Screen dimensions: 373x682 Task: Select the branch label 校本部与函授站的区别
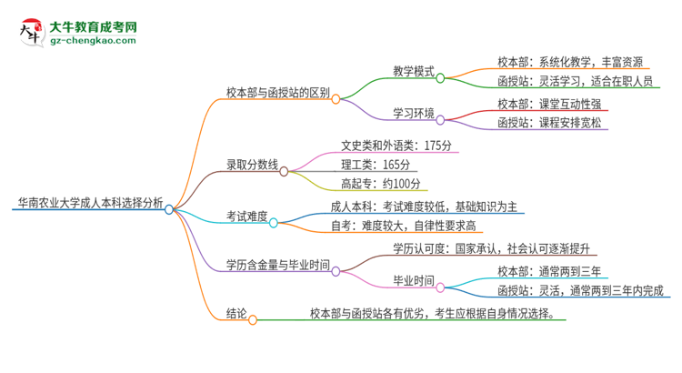277,92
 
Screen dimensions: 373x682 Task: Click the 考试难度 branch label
246,216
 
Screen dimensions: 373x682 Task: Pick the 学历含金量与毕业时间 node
277,264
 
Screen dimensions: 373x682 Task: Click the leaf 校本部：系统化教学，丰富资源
571,62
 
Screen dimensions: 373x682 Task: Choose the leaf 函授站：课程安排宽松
549,123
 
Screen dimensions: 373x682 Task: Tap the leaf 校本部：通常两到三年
548,270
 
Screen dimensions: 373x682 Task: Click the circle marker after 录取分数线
284,170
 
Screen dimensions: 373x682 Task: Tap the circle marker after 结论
253,319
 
